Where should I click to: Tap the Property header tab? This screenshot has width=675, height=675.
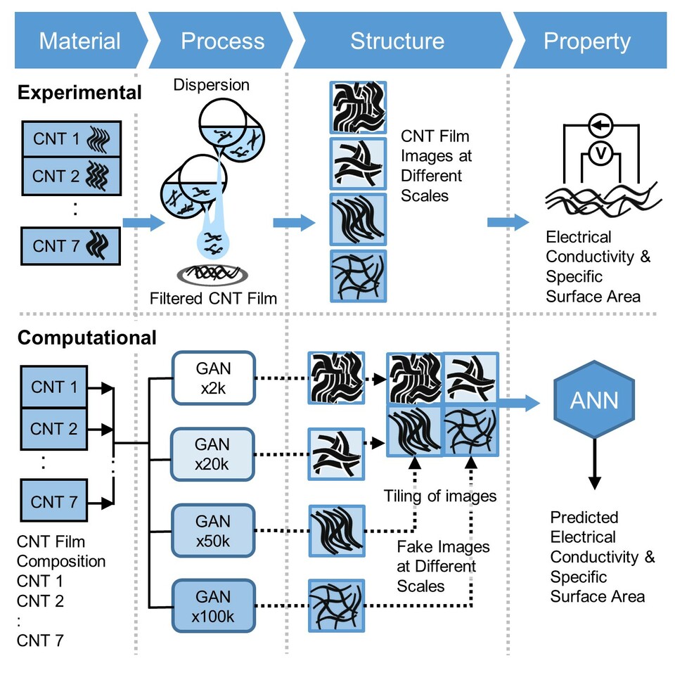tap(587, 41)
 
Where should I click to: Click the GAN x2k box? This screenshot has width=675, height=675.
tap(213, 378)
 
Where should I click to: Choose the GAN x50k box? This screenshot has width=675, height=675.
tap(213, 530)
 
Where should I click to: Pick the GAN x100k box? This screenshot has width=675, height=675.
tap(213, 606)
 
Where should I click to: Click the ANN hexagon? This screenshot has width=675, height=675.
tap(594, 401)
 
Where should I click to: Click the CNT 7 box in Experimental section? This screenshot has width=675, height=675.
tap(70, 246)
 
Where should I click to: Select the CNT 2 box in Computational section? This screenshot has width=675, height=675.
tap(58, 428)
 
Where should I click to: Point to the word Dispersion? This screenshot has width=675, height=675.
tap(212, 85)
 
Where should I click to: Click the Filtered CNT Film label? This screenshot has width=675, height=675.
tap(213, 298)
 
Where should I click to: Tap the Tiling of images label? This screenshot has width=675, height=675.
tap(440, 496)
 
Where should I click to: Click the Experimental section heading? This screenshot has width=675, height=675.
tap(79, 93)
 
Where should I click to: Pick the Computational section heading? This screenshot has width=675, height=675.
tap(86, 337)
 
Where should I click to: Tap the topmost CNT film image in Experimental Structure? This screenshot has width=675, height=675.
tap(358, 107)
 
